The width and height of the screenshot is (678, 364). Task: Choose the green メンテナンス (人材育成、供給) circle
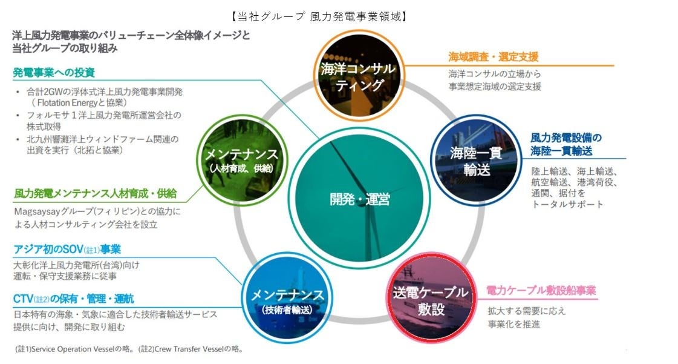point(241,159)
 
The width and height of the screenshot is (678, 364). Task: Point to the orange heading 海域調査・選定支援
point(493,57)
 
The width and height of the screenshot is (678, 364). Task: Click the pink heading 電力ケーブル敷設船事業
point(541,291)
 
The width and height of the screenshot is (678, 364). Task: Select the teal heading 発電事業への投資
point(54,73)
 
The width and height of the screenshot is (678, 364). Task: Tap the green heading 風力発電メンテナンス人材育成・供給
point(95,194)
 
